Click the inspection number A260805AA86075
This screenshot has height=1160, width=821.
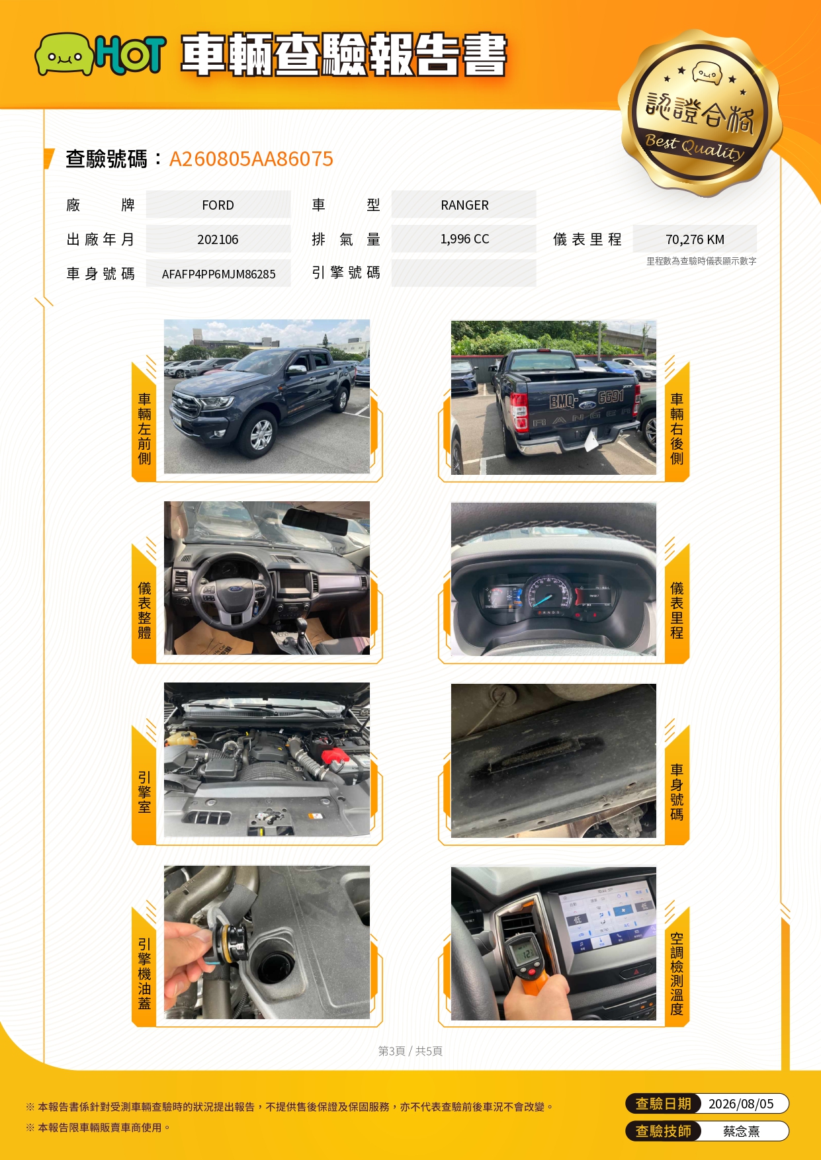pos(251,159)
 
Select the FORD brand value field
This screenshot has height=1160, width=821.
pos(218,205)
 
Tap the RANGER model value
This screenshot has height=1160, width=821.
pos(464,205)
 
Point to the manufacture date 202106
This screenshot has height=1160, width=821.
pos(218,239)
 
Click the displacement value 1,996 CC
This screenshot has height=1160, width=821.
pos(464,239)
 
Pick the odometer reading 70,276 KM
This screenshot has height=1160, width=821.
pos(695,239)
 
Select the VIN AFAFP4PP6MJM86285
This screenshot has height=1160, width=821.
pos(218,274)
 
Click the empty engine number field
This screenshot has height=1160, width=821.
pos(464,273)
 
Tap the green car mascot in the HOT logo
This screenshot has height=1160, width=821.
pos(64,54)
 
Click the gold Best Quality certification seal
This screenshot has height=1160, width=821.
pos(700,113)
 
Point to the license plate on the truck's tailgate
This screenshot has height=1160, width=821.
pos(587,398)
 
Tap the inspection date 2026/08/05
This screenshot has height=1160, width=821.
pos(741,1104)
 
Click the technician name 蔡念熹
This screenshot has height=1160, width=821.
pos(741,1132)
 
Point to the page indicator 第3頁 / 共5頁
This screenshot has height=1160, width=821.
pos(410,1051)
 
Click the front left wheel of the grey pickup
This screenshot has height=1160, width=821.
pos(261,434)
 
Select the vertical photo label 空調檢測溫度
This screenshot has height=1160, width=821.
pos(677,974)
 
